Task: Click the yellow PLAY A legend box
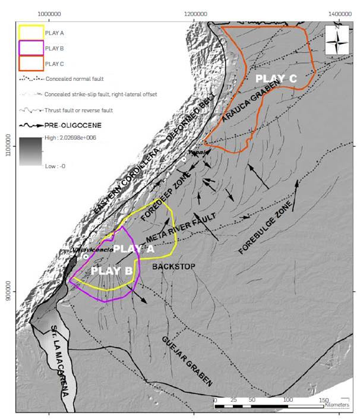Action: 31,33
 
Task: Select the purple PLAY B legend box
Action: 31,48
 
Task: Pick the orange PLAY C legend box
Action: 31,62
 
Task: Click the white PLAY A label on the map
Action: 134,249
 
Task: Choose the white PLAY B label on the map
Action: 112,270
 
